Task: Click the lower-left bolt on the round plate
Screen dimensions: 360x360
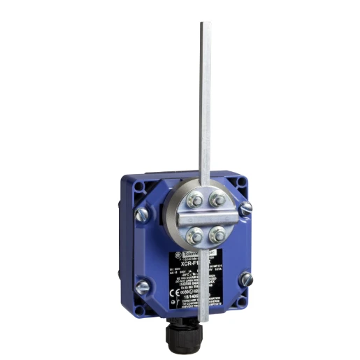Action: coord(197,233)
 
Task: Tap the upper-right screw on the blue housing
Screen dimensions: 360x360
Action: coord(245,208)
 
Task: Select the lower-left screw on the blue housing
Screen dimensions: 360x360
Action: coord(142,286)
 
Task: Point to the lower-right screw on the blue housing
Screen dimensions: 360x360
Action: coord(246,280)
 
